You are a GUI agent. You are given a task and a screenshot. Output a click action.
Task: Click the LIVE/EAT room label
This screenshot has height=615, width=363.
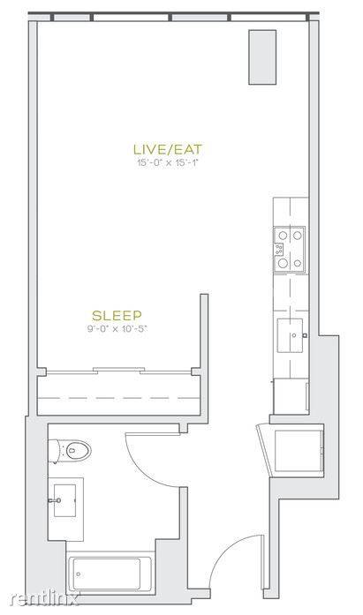click(x=168, y=149)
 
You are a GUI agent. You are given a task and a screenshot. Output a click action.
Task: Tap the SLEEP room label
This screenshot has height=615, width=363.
click(x=117, y=315)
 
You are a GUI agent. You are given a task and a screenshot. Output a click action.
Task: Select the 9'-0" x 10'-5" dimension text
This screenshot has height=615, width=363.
click(x=117, y=329)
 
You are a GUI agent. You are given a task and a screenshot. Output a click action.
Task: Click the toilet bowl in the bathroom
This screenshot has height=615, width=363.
click(x=78, y=451)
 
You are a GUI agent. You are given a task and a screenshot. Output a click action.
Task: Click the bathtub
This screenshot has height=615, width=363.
click(x=110, y=574)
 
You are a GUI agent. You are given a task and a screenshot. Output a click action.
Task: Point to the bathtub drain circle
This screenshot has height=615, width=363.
click(x=79, y=574)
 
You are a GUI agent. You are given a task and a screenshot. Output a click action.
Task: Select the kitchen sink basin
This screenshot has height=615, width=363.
click(x=290, y=335)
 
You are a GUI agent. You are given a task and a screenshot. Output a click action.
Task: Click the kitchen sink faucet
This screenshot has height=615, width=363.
click(x=304, y=335)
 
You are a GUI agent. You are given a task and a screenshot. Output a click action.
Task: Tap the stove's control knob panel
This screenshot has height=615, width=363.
click(x=279, y=249)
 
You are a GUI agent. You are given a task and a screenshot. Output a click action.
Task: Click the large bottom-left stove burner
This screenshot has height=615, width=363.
click(x=283, y=263)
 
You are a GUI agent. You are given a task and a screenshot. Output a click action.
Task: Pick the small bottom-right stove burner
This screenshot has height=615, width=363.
click(x=298, y=263)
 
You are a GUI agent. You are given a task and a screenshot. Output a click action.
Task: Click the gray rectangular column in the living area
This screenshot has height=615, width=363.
click(x=262, y=57)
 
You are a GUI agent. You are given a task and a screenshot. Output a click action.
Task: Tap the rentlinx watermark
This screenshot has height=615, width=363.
click(x=43, y=599)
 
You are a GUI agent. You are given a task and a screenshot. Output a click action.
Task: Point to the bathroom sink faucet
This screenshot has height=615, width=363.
click(x=55, y=500)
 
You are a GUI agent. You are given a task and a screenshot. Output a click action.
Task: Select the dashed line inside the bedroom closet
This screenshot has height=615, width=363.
click(x=118, y=398)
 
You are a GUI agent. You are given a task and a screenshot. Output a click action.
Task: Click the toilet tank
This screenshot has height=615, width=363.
click(x=54, y=452)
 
